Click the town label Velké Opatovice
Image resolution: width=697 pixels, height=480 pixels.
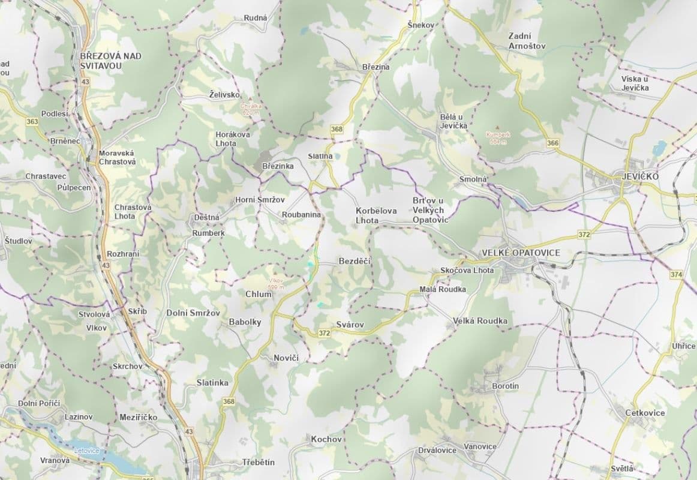(x=521, y=253)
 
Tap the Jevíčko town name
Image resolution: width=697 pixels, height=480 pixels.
(x=636, y=176)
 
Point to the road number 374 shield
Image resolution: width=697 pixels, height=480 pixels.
(x=676, y=274)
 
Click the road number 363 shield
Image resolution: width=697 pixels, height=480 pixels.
(x=32, y=121)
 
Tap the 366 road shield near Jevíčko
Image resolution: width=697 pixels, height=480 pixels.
(x=552, y=143)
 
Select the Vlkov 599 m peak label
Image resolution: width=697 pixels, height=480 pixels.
(x=275, y=284)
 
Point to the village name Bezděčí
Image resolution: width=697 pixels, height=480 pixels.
(x=355, y=261)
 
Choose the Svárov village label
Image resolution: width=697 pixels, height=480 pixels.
(x=350, y=325)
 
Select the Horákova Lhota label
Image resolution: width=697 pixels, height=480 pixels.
(x=233, y=139)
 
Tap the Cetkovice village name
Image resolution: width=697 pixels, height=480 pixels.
(x=645, y=413)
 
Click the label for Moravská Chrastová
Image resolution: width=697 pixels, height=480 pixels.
(x=118, y=157)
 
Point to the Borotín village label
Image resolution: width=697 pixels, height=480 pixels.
(x=505, y=386)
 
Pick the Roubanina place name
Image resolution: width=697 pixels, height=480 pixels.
(x=301, y=214)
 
